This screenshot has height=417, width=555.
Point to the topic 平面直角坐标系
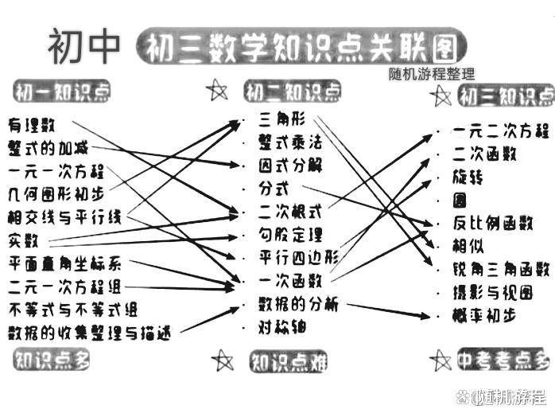coord(65,263)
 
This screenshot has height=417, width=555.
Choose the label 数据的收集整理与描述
coord(89,331)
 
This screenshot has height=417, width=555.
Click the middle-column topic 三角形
coord(282,121)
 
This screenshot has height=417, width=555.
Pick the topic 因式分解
coord(291,166)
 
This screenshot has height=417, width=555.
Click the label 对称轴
coord(282,326)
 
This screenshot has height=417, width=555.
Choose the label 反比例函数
coord(492,223)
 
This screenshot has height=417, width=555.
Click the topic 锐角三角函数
coord(501,269)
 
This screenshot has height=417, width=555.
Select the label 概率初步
coord(484,314)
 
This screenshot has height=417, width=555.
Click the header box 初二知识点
coord(293,92)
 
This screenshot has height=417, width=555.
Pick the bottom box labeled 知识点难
coord(289,363)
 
